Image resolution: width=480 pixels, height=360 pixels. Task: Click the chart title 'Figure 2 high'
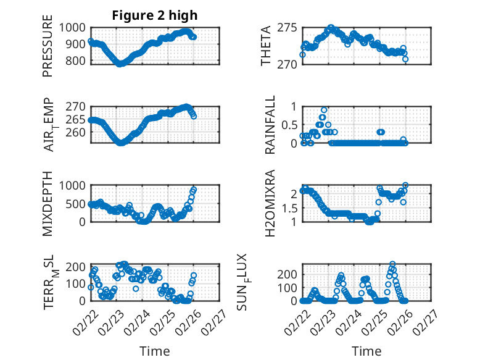click(154, 15)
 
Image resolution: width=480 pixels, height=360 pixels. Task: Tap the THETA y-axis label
click(266, 46)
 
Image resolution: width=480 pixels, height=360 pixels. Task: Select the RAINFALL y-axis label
click(270, 126)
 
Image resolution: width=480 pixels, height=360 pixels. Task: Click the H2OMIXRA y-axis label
click(270, 203)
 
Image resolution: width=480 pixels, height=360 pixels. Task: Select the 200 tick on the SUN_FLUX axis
click(289, 274)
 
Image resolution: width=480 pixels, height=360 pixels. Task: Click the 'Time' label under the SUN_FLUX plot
click(366, 351)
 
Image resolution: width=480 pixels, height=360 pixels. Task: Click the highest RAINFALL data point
click(324, 109)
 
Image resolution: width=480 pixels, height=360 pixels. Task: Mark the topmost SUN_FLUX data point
click(392, 264)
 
